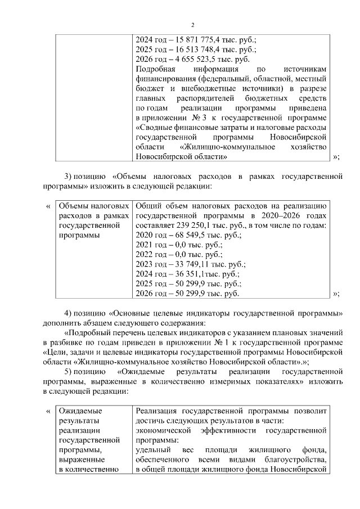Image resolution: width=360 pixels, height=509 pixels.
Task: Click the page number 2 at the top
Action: pyautogui.click(x=192, y=25)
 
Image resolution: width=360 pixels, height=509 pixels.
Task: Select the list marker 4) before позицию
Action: pyautogui.click(x=69, y=313)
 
